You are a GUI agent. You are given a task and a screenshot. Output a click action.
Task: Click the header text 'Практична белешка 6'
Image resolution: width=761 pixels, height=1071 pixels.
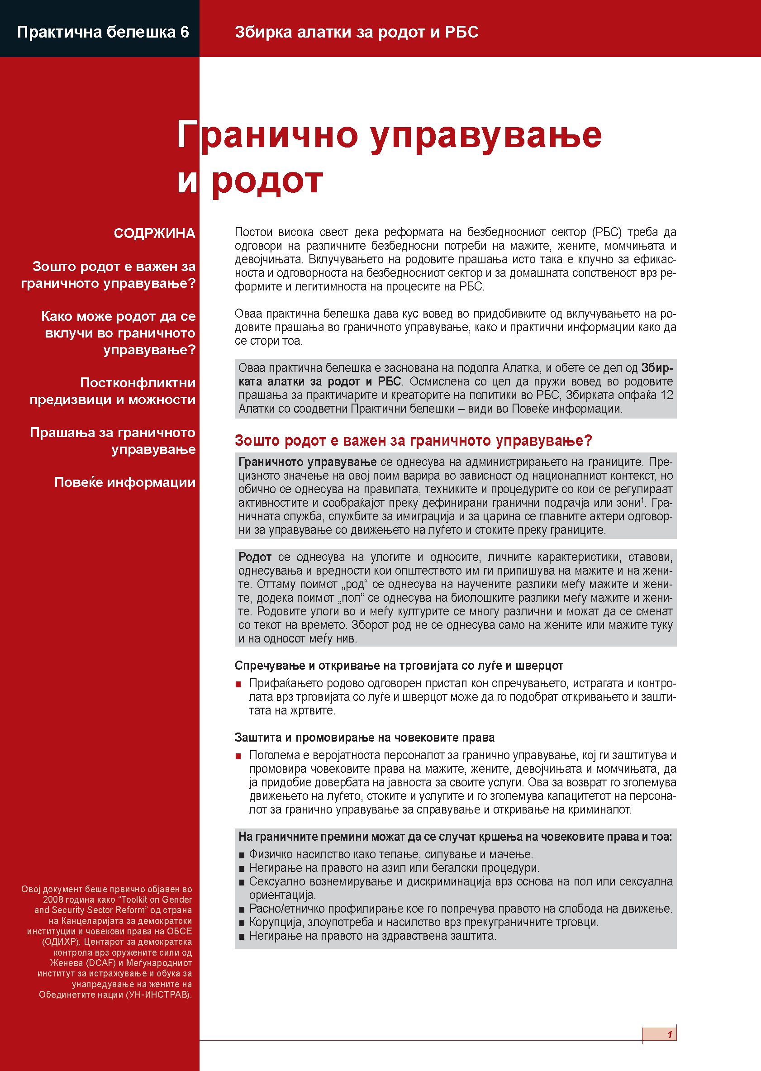(x=103, y=32)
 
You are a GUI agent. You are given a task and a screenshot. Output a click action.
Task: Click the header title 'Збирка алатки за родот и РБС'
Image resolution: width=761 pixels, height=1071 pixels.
(x=356, y=32)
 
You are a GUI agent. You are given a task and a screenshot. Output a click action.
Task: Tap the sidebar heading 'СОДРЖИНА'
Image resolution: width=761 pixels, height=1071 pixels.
(x=154, y=233)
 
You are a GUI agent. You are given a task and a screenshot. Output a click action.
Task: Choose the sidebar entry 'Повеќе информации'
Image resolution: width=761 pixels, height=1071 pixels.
(x=125, y=482)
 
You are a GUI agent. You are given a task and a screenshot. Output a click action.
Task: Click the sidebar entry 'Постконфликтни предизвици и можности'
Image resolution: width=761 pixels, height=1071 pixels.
(x=113, y=391)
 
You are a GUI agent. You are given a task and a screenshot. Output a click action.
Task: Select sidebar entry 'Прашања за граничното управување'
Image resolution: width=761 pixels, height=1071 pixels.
(x=113, y=440)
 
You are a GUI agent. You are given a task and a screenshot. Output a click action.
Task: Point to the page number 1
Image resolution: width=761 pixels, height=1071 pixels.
(x=670, y=1034)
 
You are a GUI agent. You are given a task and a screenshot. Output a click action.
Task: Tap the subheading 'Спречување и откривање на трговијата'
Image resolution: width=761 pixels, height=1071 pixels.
(x=398, y=665)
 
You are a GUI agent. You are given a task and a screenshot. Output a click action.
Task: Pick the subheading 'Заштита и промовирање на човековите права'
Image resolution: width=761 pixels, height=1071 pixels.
(x=364, y=738)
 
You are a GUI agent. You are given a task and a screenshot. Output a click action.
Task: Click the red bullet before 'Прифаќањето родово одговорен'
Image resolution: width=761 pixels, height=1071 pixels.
(x=238, y=685)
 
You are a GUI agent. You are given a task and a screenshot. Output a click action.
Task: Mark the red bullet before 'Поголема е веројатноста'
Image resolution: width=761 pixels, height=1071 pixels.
(x=238, y=756)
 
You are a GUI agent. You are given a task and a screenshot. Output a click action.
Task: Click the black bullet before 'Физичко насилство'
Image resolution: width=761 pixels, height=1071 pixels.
(x=242, y=855)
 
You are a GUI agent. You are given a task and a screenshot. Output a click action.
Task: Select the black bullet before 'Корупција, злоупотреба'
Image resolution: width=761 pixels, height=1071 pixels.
(x=242, y=923)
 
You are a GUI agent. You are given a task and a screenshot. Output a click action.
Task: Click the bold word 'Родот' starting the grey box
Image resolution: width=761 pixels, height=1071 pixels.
(x=254, y=557)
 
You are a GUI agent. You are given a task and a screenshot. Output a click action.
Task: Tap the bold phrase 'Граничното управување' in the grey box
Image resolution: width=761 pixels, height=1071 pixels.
(x=307, y=462)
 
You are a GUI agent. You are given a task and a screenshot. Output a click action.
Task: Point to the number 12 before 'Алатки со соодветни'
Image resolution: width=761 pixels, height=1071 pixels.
(x=666, y=395)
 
